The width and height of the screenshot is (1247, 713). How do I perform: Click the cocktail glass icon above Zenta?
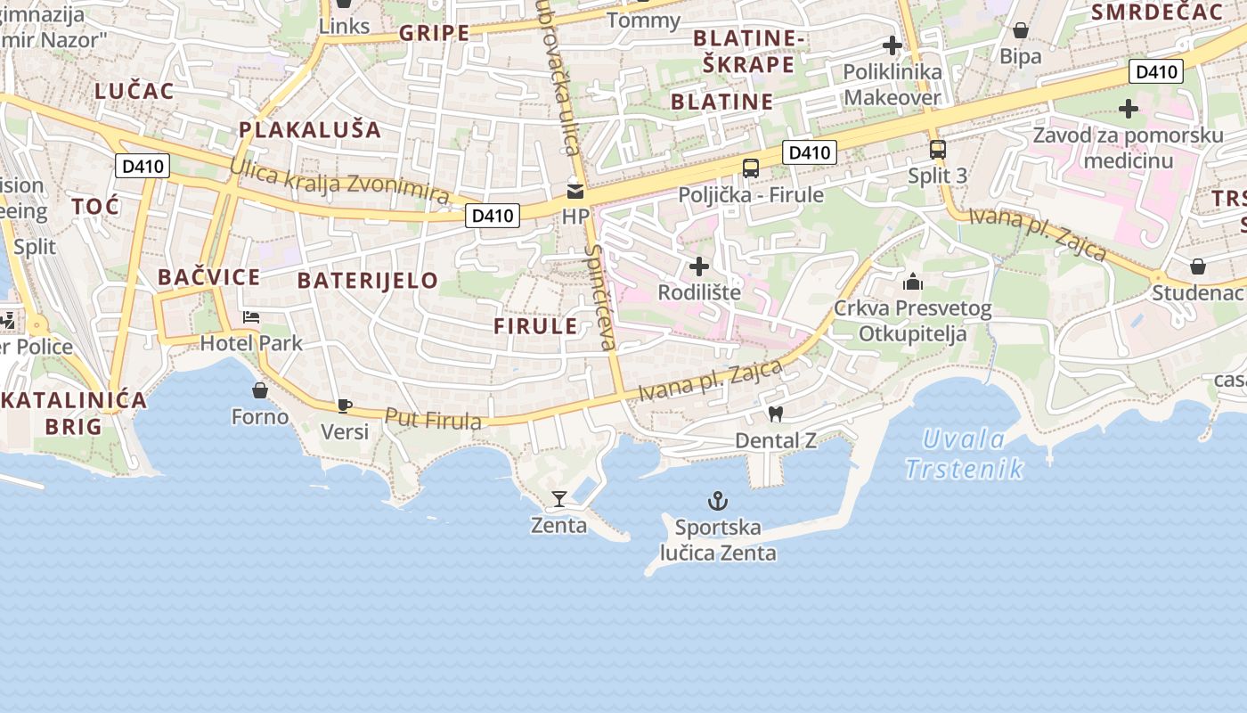559,498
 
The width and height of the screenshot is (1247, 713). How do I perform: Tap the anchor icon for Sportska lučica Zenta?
717,500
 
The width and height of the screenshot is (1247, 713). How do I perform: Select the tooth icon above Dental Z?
775,414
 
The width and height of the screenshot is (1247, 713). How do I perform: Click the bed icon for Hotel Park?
251,317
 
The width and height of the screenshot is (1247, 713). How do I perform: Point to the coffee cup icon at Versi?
345,406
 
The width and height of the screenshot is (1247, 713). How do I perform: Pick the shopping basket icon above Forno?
260,390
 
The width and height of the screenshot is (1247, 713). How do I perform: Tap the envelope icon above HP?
575,191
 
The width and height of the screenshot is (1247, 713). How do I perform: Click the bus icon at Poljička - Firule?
751,168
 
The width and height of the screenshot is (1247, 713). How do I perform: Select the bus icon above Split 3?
937,149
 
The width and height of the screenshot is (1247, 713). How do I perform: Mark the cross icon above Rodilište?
700,266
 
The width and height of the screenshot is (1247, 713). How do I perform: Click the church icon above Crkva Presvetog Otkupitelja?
913,283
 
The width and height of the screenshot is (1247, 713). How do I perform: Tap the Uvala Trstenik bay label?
964,454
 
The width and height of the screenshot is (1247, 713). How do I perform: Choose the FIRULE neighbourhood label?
536,326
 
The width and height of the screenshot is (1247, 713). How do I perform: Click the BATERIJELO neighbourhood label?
368,281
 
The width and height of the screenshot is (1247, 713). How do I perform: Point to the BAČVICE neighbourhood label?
209,277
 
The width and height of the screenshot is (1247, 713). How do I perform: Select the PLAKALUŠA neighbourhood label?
310,130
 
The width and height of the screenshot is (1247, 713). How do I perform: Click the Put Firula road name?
433,419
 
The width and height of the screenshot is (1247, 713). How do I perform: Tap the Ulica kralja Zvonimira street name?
338,180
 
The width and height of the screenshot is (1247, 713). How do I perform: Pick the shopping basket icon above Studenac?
1199,266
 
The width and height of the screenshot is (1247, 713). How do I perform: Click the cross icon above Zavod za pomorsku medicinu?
1129,109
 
